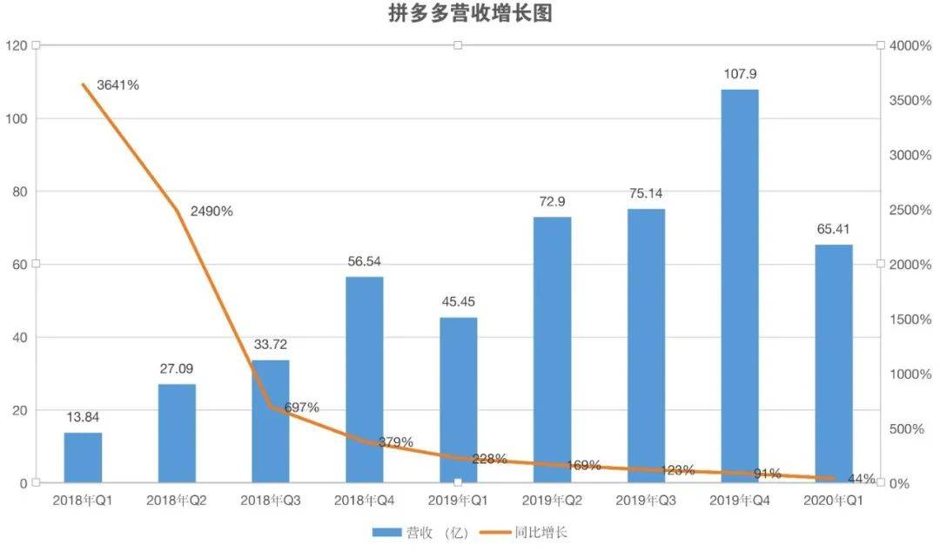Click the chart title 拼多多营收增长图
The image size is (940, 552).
click(x=470, y=14)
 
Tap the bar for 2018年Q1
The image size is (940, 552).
click(x=83, y=457)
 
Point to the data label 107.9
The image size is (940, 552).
click(x=740, y=74)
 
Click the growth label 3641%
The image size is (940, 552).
click(x=118, y=85)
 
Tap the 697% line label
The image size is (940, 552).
click(x=301, y=407)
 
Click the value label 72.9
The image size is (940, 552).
click(x=552, y=201)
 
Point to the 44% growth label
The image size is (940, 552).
click(x=861, y=479)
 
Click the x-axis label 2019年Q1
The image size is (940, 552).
click(x=458, y=501)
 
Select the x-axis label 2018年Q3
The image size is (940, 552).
click(x=271, y=501)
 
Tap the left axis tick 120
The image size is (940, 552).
click(x=17, y=45)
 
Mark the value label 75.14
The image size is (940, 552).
click(x=646, y=193)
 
